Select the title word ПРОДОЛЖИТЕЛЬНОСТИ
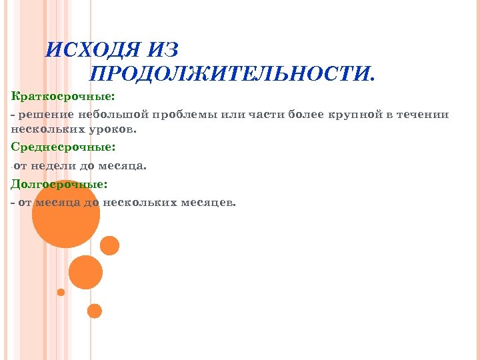[x=232, y=75]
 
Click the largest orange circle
[x=66, y=214]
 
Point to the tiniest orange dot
[x=61, y=292]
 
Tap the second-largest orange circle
[x=85, y=272]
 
